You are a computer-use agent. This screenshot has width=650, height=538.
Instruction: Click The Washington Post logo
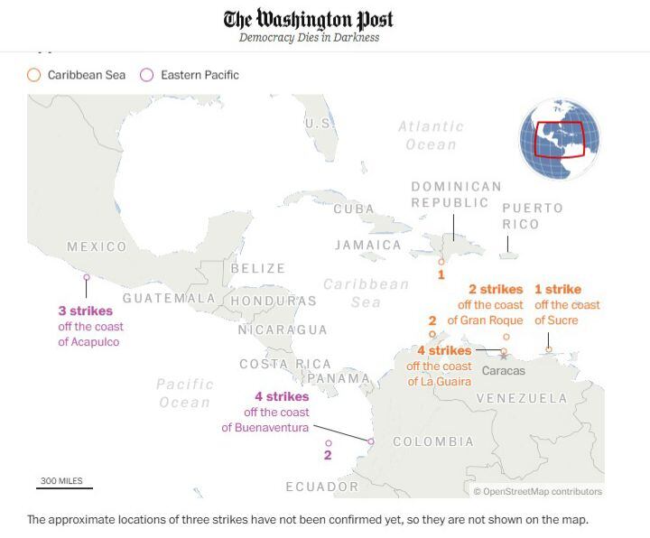tap(309, 19)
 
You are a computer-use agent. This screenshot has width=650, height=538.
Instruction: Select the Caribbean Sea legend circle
tap(34, 75)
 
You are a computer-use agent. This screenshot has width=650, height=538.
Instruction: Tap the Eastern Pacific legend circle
tap(147, 75)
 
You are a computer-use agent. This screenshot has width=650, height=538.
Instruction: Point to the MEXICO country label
tap(97, 246)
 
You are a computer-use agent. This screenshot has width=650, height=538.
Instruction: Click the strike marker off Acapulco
tap(87, 277)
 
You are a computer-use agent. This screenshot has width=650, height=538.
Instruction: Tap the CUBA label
tap(354, 209)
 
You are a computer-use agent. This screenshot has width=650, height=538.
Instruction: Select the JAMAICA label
tap(367, 245)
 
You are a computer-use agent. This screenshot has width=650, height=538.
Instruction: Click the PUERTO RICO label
tap(533, 216)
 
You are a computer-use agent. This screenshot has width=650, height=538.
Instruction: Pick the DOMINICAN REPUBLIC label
tap(456, 194)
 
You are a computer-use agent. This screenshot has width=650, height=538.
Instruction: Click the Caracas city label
tap(504, 371)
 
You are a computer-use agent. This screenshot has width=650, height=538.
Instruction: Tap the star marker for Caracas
tap(503, 357)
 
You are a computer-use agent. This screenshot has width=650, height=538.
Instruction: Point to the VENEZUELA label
tap(522, 398)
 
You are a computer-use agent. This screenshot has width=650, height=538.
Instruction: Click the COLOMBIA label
tap(433, 441)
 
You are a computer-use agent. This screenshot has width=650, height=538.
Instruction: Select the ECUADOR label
tap(322, 487)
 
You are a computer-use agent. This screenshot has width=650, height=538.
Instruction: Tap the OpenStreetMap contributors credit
tap(537, 491)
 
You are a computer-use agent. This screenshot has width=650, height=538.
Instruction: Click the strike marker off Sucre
tap(549, 349)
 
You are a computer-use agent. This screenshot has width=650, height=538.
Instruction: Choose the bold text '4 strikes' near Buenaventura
tap(282, 396)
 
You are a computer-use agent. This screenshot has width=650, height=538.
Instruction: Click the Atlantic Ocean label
tap(432, 135)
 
